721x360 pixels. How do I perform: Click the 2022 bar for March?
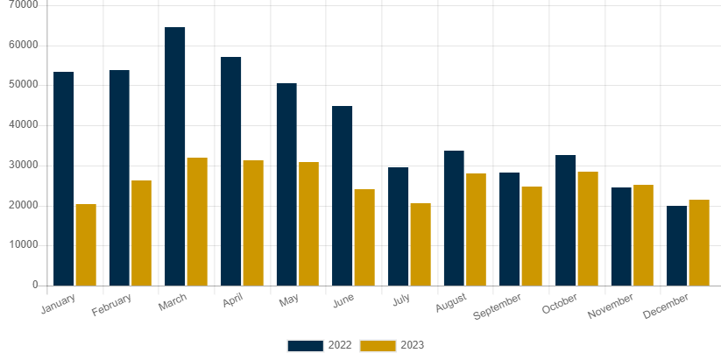(175, 156)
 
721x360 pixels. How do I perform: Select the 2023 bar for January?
(86, 244)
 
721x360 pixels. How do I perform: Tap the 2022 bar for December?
(677, 245)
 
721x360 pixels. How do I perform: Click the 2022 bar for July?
(399, 226)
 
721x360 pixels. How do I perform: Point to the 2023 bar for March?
(197, 221)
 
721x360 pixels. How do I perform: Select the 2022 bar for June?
(343, 195)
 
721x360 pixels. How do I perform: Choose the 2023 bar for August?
(476, 229)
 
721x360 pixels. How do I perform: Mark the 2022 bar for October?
(566, 220)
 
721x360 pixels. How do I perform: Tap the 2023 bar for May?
(308, 223)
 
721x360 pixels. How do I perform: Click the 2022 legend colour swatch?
(304, 345)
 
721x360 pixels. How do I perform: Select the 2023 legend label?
(412, 345)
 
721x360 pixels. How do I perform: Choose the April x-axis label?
(231, 301)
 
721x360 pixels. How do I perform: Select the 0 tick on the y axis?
(36, 285)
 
